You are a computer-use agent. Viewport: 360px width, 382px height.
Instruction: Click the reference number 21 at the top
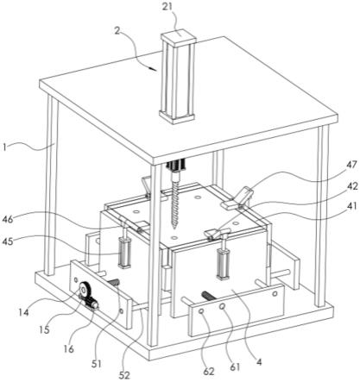pos(167,7)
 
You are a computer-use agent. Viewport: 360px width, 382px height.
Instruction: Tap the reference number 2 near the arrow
pos(117,30)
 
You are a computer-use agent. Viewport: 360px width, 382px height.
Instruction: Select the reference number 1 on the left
pos(4,147)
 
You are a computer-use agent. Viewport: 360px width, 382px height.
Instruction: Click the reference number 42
pos(351,186)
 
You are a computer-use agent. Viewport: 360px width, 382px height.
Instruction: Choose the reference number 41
pos(351,206)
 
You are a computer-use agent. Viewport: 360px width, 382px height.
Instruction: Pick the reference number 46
pos(8,220)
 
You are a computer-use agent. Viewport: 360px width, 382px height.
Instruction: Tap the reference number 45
pos(8,241)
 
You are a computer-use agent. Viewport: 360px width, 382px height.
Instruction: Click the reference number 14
pos(24,312)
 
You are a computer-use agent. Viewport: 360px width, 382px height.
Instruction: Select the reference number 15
pos(44,330)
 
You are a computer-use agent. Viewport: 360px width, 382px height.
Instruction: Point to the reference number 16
pos(68,348)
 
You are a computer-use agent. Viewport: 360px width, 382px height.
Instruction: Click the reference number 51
pos(96,364)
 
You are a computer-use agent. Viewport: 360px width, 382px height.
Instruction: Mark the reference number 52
pos(124,374)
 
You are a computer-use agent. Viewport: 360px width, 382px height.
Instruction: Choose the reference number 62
pos(209,372)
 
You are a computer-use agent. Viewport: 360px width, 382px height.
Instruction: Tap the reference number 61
pos(235,366)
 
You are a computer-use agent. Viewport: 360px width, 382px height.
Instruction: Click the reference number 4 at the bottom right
pos(259,362)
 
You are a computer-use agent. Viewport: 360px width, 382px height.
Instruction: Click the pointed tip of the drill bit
pos(174,229)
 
